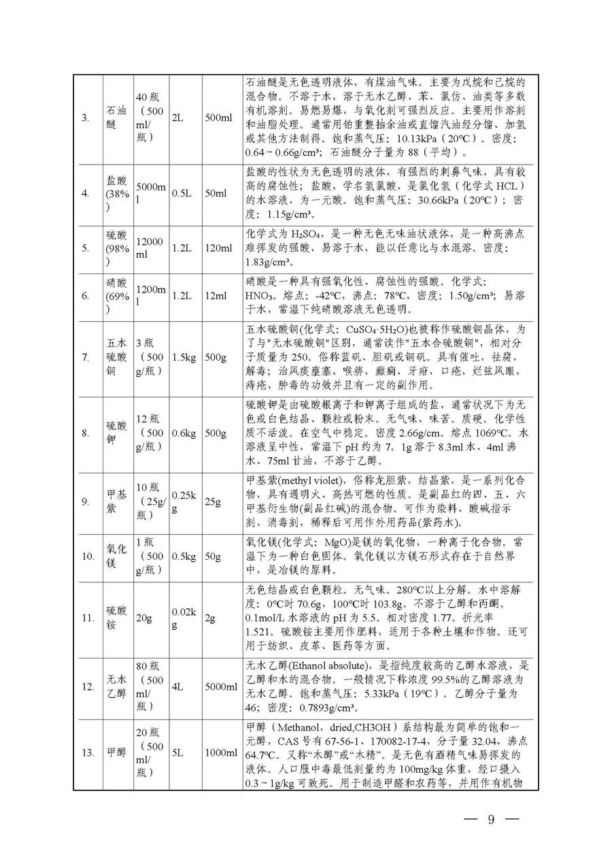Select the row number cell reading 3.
(85, 118)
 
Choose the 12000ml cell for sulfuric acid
(150, 248)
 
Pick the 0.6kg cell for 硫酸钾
(182, 433)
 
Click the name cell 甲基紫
(116, 502)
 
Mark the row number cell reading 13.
(87, 752)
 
